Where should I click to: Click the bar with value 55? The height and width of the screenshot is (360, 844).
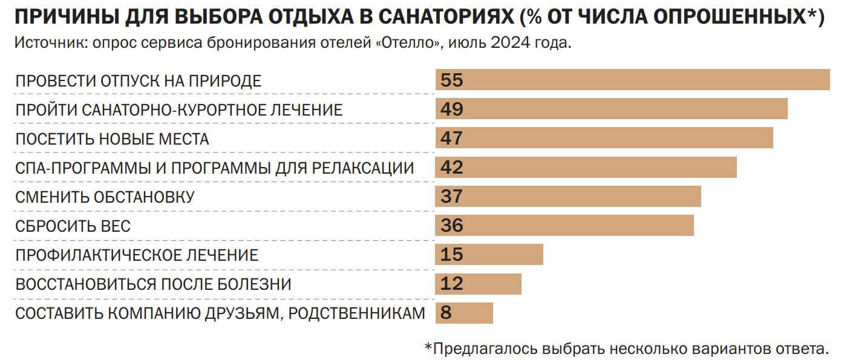click(632, 80)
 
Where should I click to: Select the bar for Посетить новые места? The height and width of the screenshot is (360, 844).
click(604, 139)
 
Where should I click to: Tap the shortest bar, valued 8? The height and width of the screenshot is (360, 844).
click(464, 313)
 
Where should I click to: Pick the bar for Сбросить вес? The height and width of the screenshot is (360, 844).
click(564, 226)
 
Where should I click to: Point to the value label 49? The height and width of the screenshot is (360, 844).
click(452, 110)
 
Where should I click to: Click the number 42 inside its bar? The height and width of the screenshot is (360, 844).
click(452, 168)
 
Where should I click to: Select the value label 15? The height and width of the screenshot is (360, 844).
click(452, 255)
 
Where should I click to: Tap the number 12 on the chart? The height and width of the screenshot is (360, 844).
click(452, 284)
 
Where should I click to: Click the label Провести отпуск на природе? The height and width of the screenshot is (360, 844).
click(138, 81)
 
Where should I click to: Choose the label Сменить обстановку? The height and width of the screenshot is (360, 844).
click(105, 197)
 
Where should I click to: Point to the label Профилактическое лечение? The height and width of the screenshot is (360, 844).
click(137, 255)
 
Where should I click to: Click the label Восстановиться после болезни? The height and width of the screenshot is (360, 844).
click(153, 284)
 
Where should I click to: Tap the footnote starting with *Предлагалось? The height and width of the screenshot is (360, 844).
click(625, 348)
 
